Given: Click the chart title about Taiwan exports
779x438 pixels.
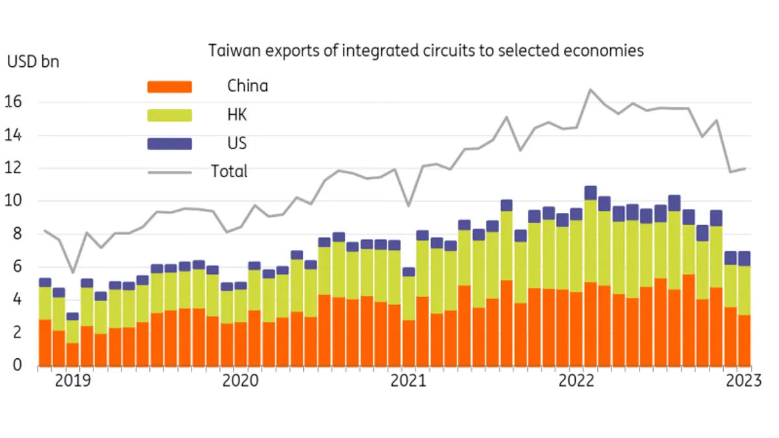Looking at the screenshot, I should (x=426, y=51).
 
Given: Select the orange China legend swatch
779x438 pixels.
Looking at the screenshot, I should (x=170, y=86).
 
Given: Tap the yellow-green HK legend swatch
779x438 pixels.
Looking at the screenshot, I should (x=170, y=115).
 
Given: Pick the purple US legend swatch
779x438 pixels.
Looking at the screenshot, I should (x=170, y=143).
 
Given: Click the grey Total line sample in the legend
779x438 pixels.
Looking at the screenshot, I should (x=170, y=172).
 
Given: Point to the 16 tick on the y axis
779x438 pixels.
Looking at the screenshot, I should (x=14, y=102).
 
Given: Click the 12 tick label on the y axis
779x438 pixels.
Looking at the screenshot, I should (x=14, y=168).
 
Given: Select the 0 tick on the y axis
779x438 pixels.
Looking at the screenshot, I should (x=17, y=365).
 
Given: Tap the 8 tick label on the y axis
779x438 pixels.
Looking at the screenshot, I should (x=17, y=234).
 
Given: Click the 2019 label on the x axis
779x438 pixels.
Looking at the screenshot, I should (x=73, y=381).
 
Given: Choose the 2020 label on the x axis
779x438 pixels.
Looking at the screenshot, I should (x=241, y=381).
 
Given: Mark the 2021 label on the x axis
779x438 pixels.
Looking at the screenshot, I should (x=408, y=381).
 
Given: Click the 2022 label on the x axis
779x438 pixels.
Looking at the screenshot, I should (x=576, y=381).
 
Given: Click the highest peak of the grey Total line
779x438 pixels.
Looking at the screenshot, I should (x=590, y=90).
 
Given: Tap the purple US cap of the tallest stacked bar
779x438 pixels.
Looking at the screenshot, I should (x=590, y=193).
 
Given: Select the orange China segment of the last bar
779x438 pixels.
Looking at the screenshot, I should (x=744, y=340).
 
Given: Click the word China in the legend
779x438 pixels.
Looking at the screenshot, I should (x=247, y=86).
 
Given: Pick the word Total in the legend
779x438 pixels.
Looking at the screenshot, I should (x=229, y=172).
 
